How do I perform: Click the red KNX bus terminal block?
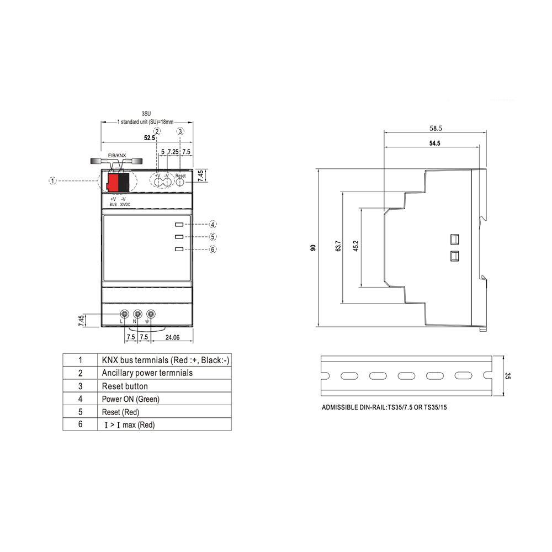[x=113, y=182]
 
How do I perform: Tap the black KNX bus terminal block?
[x=124, y=182]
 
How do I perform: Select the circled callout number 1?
[x=52, y=181]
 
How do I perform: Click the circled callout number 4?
[x=213, y=224]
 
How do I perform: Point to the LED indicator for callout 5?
[x=179, y=237]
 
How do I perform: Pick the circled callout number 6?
[x=213, y=250]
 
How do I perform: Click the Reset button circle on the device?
[x=180, y=182]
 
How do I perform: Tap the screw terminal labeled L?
[x=124, y=314]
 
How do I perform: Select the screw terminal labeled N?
[x=137, y=314]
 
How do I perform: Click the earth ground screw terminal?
[x=151, y=314]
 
